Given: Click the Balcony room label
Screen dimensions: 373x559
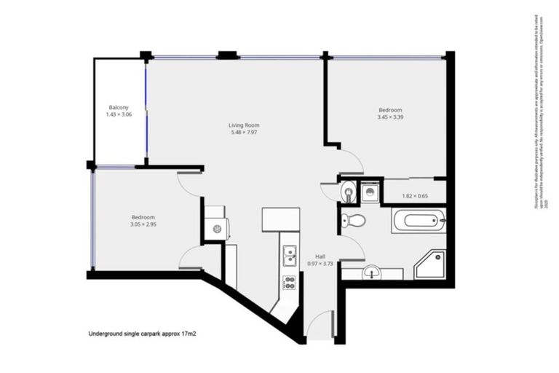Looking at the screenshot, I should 119,107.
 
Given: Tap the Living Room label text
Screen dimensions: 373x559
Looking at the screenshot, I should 244,125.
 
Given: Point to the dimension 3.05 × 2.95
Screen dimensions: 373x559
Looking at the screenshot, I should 143,224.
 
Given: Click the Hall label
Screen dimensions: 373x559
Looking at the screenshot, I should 320,256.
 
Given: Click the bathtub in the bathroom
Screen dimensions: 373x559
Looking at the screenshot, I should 418,220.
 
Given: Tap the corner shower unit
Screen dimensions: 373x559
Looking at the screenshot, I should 430,266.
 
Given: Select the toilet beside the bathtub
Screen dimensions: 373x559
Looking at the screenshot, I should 354,220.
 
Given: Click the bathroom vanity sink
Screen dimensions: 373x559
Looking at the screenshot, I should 373,273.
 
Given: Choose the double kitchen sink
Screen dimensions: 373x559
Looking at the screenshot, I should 289,256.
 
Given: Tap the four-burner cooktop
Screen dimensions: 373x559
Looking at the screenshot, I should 288,282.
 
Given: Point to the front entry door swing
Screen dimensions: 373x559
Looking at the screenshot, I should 318,326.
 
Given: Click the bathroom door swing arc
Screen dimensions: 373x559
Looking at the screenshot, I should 352,248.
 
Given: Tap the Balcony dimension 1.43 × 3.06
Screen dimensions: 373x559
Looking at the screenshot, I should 119,115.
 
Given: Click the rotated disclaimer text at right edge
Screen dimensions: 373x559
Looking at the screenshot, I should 539,112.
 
